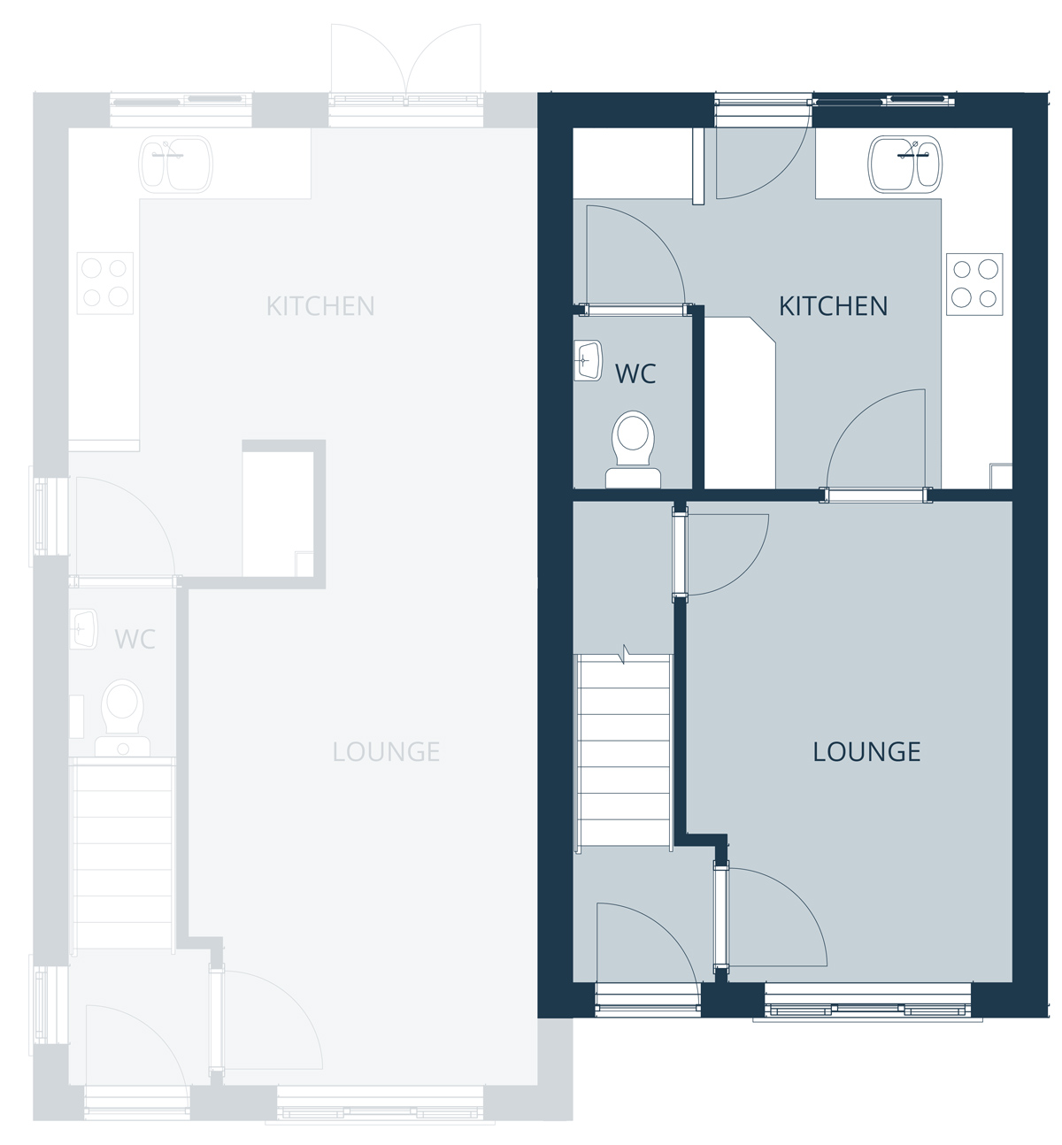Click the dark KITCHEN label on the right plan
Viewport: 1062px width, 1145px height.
(x=833, y=306)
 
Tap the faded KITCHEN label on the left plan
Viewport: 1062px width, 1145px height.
(x=320, y=306)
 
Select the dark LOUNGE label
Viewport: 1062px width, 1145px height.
(x=866, y=752)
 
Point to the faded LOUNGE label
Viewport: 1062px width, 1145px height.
(x=386, y=752)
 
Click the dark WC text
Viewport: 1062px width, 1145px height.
(x=635, y=373)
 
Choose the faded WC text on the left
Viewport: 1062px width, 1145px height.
(x=135, y=639)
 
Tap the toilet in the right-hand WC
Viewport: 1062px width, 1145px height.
(x=634, y=450)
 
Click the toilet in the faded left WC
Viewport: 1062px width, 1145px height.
(x=122, y=718)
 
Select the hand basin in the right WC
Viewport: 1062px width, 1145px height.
(x=588, y=361)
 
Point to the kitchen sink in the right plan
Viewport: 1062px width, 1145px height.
(x=904, y=164)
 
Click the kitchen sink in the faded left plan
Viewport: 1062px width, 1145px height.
(x=175, y=164)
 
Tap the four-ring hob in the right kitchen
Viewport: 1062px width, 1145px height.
(x=974, y=284)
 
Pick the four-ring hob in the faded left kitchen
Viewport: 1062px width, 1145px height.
(x=105, y=283)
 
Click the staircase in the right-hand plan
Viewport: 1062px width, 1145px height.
(x=624, y=751)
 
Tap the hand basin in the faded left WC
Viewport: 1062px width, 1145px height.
(x=84, y=629)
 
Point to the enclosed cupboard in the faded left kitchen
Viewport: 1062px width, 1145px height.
(x=284, y=514)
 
